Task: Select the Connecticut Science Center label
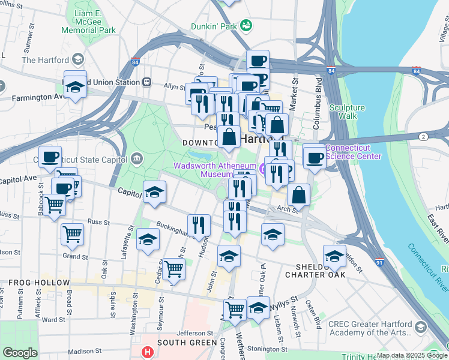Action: pyautogui.click(x=353, y=152)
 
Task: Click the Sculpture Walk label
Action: pyautogui.click(x=347, y=112)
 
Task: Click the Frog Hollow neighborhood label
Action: pyautogui.click(x=39, y=282)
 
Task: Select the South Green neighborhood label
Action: pyautogui.click(x=187, y=343)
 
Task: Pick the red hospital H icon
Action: pyautogui.click(x=146, y=352)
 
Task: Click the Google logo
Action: pyautogui.click(x=19, y=353)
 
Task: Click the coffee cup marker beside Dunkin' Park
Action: pyautogui.click(x=258, y=61)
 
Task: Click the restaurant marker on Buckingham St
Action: pyautogui.click(x=199, y=226)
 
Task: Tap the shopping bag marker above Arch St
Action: pyautogui.click(x=298, y=195)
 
